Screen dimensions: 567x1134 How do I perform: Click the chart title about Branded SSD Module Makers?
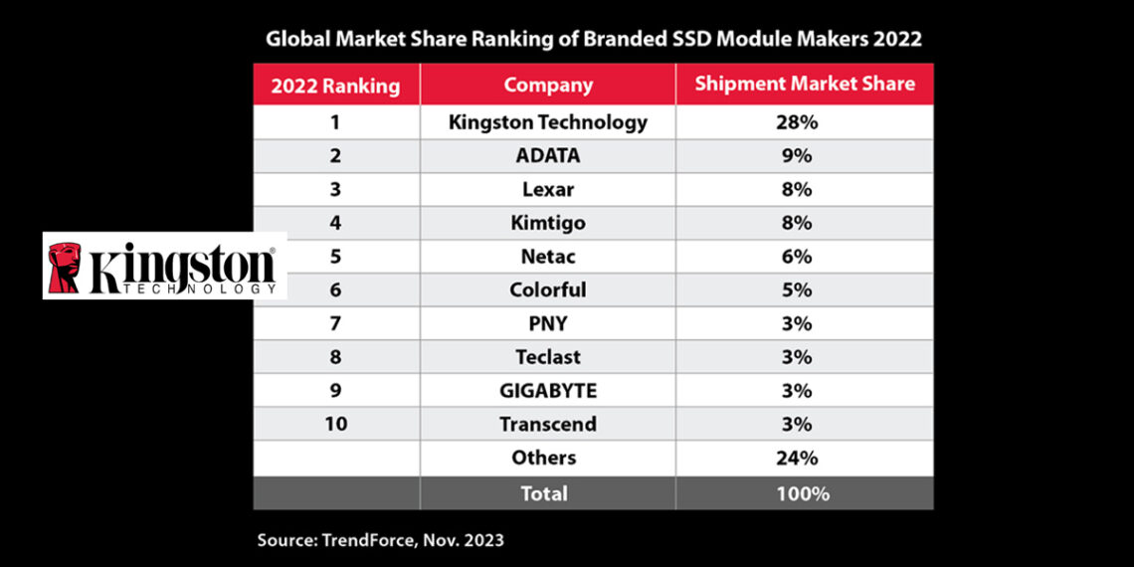click(593, 40)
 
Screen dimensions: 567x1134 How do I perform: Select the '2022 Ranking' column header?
click(336, 86)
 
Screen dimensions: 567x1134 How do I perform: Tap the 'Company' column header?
click(548, 85)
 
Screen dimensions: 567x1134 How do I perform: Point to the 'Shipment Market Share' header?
click(804, 84)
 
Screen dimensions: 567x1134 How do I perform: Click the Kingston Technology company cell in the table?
click(548, 122)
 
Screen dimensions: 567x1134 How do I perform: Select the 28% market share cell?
click(804, 122)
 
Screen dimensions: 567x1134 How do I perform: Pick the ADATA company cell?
click(548, 156)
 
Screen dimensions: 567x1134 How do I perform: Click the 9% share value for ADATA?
click(804, 156)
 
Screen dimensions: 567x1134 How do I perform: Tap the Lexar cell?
click(548, 189)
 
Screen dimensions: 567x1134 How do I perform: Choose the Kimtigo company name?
click(548, 223)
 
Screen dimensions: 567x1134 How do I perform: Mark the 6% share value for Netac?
click(804, 257)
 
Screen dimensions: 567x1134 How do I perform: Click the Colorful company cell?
click(548, 290)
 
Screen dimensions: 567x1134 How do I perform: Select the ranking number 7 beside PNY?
click(336, 323)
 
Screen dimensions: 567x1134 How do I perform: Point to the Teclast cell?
click(548, 357)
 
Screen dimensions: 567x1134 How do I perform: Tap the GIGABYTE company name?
click(548, 391)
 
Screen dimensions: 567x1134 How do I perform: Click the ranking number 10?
click(336, 424)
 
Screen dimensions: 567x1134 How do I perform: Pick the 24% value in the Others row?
click(804, 458)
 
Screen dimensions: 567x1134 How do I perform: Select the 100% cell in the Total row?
click(804, 493)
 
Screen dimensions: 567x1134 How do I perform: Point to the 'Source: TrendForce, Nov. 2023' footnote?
click(381, 540)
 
